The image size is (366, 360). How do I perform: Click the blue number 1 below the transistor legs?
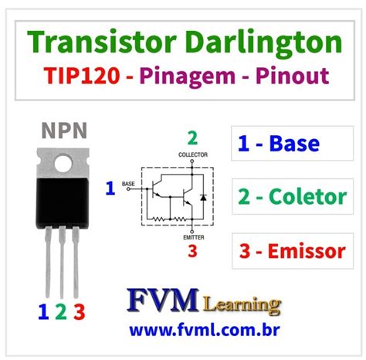(42, 312)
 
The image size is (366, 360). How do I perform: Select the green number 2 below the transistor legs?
(60, 312)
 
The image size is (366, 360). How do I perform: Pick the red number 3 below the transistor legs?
(77, 312)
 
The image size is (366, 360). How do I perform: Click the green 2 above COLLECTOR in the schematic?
(192, 139)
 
